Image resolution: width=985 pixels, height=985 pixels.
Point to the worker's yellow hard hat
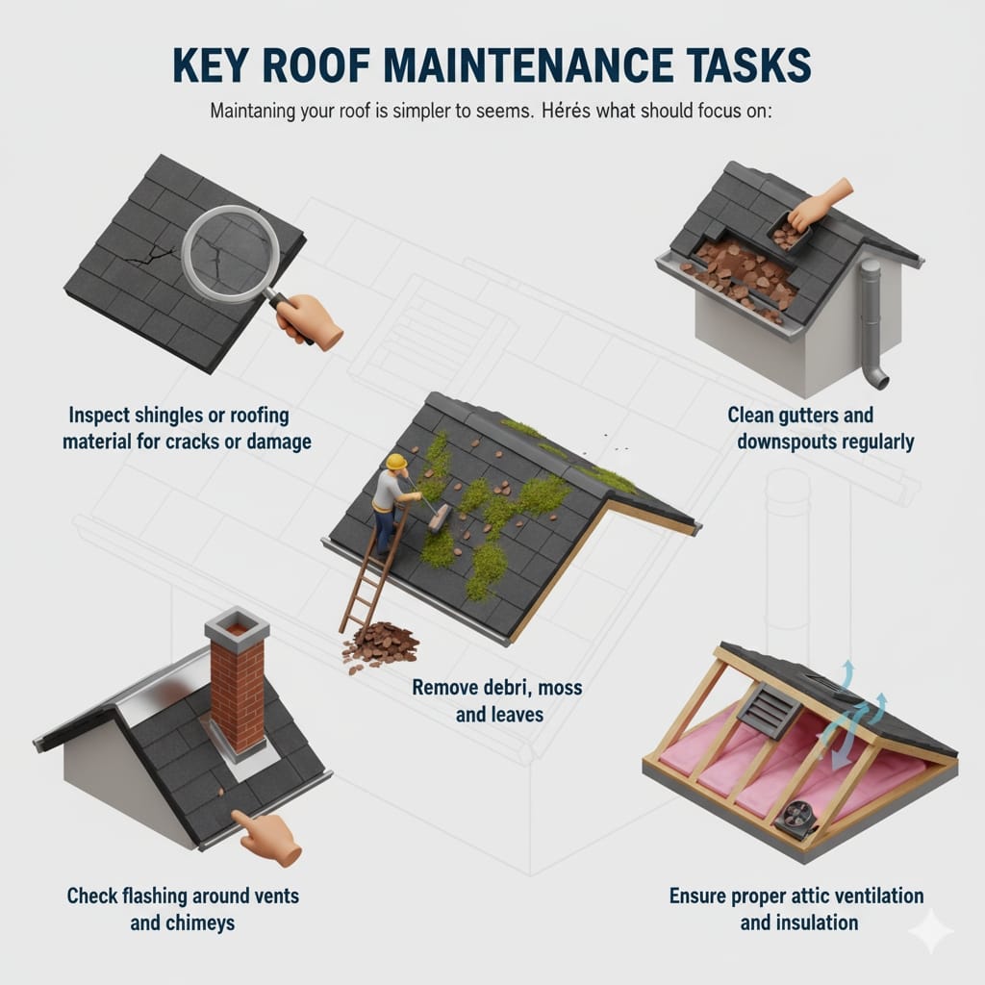tap(395, 462)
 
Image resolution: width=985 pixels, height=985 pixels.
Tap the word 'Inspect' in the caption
tap(104, 416)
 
